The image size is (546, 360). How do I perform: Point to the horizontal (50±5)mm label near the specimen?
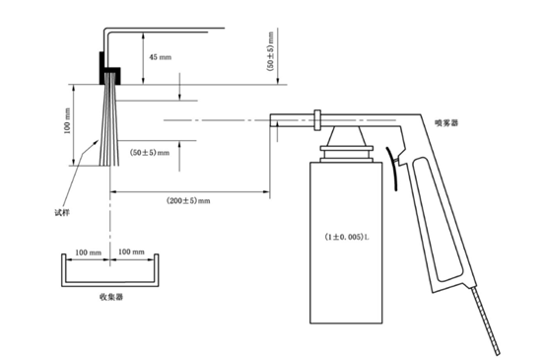pyautogui.click(x=150, y=153)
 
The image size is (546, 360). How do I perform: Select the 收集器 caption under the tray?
pyautogui.click(x=109, y=296)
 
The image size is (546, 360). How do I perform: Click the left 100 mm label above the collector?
pyautogui.click(x=88, y=253)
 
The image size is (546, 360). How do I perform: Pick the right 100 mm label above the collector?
pyautogui.click(x=131, y=253)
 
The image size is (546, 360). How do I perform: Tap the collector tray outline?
pyautogui.click(x=109, y=278)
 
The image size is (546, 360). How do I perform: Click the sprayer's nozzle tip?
pyautogui.click(x=275, y=122)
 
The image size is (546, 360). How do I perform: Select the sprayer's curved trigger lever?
pyautogui.click(x=397, y=168)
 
